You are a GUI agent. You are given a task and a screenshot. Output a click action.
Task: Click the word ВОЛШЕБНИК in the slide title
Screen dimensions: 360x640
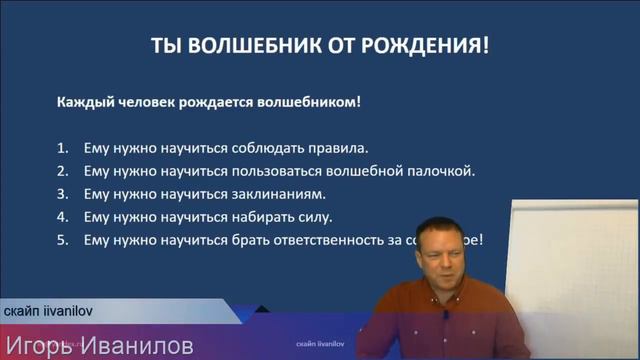point(246,47)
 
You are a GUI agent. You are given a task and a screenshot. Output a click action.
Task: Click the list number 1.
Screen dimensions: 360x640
point(62,147)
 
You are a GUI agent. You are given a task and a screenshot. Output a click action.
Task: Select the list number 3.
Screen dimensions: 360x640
point(62,193)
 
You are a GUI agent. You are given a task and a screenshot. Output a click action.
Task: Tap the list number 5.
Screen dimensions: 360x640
point(62,240)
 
